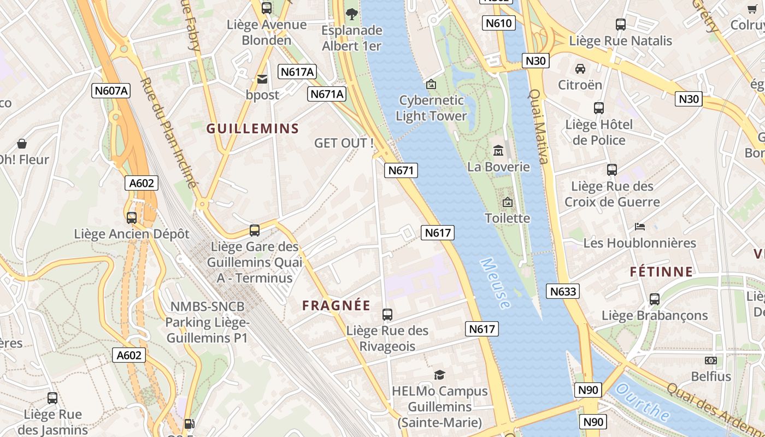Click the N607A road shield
tap(111, 91)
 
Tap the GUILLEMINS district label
tap(252, 129)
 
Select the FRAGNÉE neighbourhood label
tap(336, 306)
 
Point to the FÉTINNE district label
tap(661, 271)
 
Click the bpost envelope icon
tap(262, 80)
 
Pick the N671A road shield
tap(327, 94)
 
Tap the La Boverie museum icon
tap(498, 150)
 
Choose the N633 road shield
tap(563, 291)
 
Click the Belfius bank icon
tap(710, 361)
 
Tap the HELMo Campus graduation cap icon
tap(439, 375)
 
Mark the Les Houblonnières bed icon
tap(639, 227)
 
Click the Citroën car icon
tap(580, 69)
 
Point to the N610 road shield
tap(499, 23)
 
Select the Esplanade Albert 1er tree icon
tap(351, 14)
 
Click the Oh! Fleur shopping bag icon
tap(22, 144)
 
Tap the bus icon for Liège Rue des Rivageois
tap(387, 314)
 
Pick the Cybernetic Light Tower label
tap(431, 108)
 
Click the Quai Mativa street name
tap(538, 127)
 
